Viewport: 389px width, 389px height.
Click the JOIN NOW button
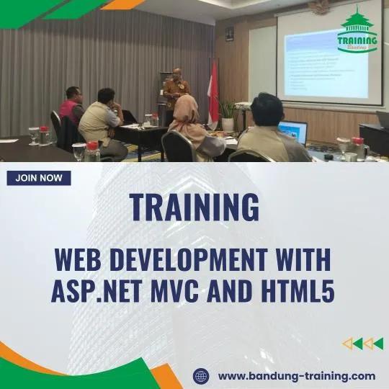39,178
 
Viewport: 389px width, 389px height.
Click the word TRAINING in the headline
194,207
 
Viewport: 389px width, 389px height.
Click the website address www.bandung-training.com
296,375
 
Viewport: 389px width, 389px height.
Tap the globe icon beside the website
201,375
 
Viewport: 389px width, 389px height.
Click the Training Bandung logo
358,32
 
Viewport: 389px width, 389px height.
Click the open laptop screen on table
294,132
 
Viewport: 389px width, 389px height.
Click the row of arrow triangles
362,344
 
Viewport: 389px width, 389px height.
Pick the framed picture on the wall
229,33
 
